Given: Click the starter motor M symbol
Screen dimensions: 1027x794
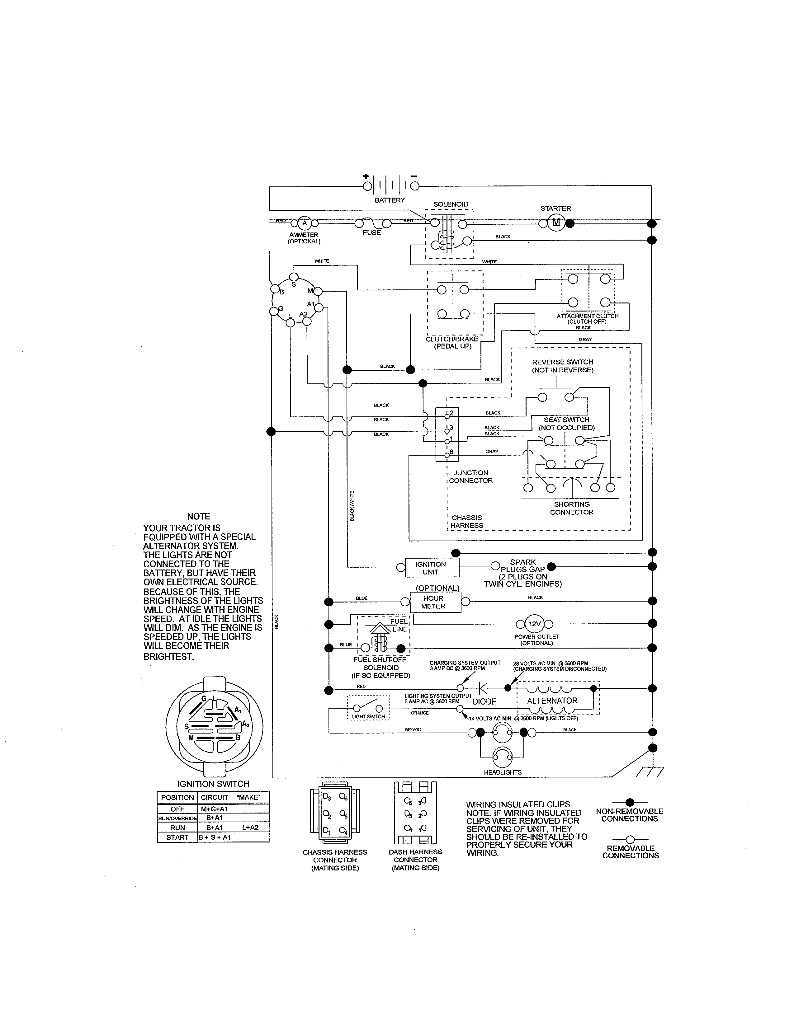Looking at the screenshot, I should pos(556,223).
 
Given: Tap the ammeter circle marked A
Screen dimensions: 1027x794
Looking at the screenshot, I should pos(304,223).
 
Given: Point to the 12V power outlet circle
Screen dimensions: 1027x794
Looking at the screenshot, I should pos(534,624).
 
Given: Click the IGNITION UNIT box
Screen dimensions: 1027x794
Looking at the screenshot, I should pos(430,568).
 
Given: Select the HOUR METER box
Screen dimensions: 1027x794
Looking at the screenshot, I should pos(433,602).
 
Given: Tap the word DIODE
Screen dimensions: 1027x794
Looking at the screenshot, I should pos(484,701).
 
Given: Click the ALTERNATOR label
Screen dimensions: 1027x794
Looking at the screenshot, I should pos(552,701).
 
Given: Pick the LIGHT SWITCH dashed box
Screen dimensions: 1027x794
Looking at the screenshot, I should pos(368,708).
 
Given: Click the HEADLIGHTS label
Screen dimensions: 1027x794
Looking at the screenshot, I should pos(502,772).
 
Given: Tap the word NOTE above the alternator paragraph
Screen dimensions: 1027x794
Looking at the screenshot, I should pos(199,516).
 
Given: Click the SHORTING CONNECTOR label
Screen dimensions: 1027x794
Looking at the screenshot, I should pos(571,508).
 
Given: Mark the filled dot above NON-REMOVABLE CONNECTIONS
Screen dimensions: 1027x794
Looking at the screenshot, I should pos(630,802).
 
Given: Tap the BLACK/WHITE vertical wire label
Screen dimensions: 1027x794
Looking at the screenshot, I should pos(352,505).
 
